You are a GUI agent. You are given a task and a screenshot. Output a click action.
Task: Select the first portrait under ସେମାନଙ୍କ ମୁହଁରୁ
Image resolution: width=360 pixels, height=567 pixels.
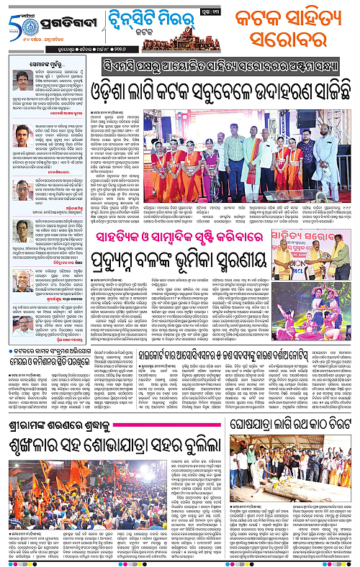22,80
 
